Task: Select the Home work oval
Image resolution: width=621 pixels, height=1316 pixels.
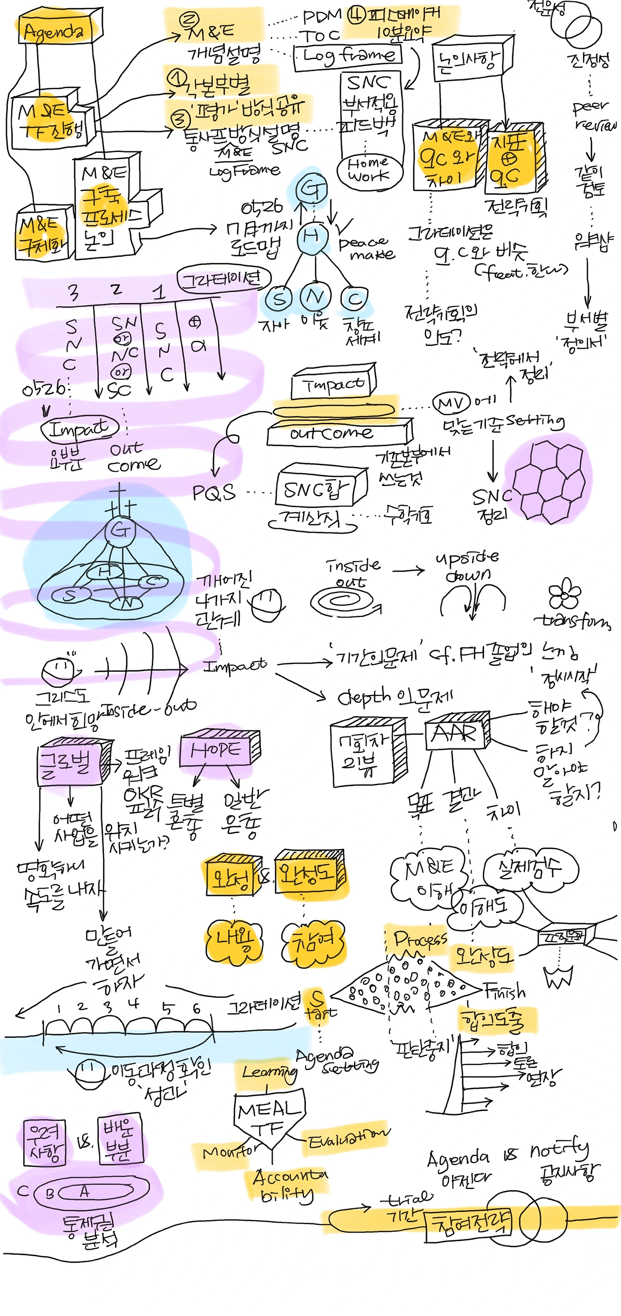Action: click(369, 170)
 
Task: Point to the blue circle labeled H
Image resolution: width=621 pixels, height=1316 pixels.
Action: click(312, 236)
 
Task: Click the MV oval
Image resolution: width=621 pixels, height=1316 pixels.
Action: click(451, 403)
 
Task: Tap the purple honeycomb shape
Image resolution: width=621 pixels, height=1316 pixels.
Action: click(548, 481)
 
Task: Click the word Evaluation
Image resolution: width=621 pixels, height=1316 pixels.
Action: click(347, 1136)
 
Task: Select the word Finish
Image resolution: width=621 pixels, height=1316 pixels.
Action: click(505, 991)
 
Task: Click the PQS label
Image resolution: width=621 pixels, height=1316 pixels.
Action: click(213, 493)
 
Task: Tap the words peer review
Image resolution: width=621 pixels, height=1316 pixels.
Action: click(593, 115)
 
